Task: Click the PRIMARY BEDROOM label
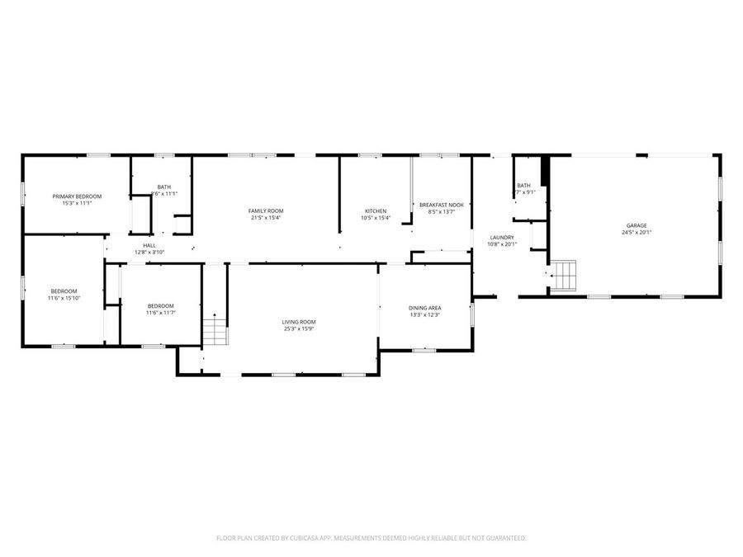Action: pos(77,196)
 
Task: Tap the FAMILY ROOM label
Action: pos(266,211)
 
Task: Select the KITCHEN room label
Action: pos(376,211)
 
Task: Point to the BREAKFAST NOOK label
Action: pos(442,205)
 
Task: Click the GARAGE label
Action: pos(635,225)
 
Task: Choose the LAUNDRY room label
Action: pos(502,237)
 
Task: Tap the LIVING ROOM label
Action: pos(299,322)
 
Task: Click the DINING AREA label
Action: pos(424,308)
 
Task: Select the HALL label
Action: pos(149,245)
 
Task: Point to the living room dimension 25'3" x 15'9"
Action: pos(299,329)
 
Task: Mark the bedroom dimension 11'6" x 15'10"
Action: pos(64,298)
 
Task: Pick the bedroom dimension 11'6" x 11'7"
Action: pos(160,313)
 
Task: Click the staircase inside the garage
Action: pos(564,276)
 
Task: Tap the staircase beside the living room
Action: pos(213,330)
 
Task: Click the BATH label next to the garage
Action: pos(523,186)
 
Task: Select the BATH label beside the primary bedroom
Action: pos(164,186)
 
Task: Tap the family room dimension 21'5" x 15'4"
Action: pos(266,219)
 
